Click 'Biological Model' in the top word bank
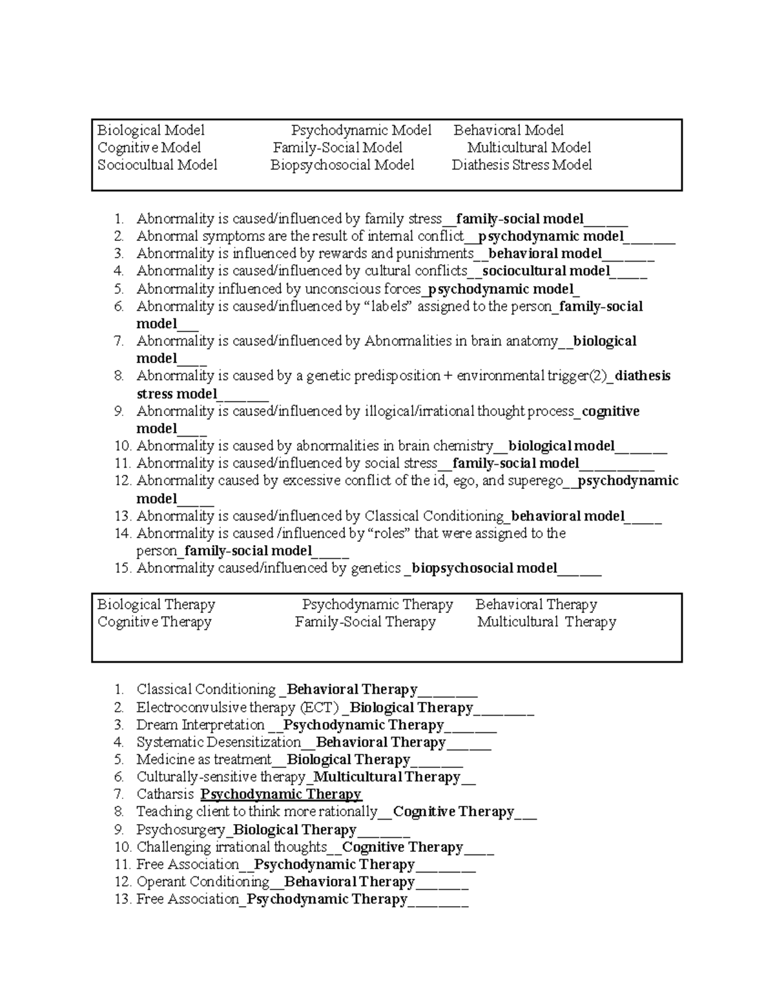[150, 130]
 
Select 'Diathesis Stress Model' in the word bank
[521, 165]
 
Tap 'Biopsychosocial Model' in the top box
[342, 165]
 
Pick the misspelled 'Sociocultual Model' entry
[157, 165]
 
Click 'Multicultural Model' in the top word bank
[529, 147]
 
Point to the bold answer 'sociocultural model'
[546, 271]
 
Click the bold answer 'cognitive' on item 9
[610, 411]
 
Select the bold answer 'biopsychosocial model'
[484, 568]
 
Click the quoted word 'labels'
[389, 306]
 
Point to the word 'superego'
[535, 481]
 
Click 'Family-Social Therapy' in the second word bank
[365, 622]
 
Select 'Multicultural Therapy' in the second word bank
[546, 622]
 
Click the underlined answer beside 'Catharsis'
[281, 794]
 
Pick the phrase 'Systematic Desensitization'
[218, 743]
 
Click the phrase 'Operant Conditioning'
[203, 882]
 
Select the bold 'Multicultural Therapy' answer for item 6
[386, 777]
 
